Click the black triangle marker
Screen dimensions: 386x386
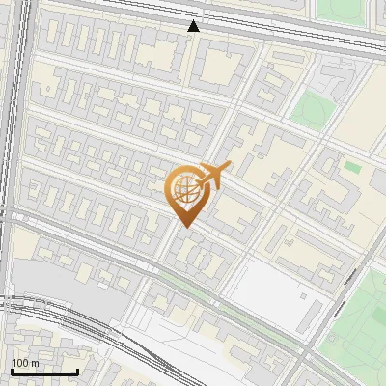(x=195, y=26)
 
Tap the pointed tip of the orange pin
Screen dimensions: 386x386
(x=185, y=228)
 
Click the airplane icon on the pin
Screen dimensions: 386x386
(x=214, y=175)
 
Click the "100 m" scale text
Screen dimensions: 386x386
(x=25, y=362)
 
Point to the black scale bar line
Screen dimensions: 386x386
(x=44, y=371)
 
